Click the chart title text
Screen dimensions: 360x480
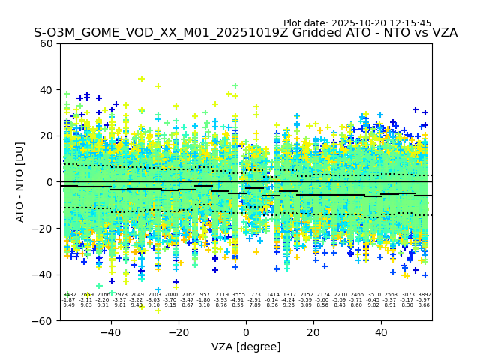(x=245, y=33)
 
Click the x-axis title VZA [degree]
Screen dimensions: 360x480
(x=246, y=346)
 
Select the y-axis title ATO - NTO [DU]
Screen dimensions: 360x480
(x=20, y=181)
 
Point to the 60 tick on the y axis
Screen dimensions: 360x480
(x=46, y=43)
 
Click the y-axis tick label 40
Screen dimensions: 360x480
(x=46, y=90)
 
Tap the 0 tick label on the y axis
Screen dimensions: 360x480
(x=50, y=182)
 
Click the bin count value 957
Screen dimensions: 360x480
(x=205, y=295)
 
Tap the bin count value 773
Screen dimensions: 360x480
(x=256, y=295)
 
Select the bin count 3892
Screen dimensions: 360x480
(x=424, y=295)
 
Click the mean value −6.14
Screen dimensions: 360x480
(x=272, y=300)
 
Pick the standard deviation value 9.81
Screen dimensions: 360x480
(x=120, y=305)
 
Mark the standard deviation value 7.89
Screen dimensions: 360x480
(x=256, y=305)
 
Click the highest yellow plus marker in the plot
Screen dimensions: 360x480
(x=141, y=79)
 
